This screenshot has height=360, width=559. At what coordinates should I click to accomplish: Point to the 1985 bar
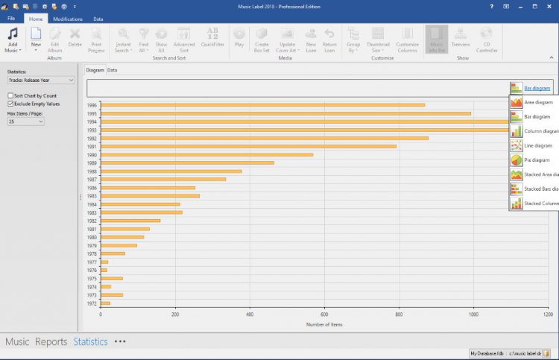click(150, 196)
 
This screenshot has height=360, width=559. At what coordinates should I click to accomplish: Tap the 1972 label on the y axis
click(92, 303)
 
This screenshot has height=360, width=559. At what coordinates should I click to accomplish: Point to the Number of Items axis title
click(324, 324)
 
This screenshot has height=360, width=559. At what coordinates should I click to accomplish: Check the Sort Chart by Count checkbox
click(10, 96)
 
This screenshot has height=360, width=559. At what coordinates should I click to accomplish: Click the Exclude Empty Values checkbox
click(10, 104)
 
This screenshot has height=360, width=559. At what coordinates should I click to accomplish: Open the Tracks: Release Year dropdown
click(40, 80)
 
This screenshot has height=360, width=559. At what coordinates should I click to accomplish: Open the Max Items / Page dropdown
click(26, 121)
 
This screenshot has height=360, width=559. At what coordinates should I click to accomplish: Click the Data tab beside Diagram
click(112, 70)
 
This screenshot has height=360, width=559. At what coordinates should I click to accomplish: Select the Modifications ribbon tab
click(68, 19)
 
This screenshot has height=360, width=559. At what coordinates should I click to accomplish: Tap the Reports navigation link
click(51, 342)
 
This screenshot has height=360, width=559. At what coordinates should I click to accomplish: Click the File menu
click(11, 19)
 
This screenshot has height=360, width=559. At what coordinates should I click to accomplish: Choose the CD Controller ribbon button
click(487, 40)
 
